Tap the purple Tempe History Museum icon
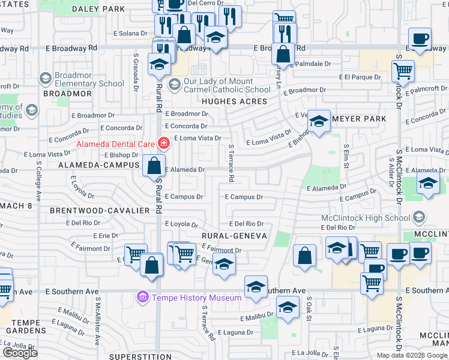pos(142,297)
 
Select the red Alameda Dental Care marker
pos(162,143)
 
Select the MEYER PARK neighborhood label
pos(359,119)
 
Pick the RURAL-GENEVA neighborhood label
pos(234,236)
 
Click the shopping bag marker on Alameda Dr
pos(154,166)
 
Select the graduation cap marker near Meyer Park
pos(319,122)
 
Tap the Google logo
pos(20,353)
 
